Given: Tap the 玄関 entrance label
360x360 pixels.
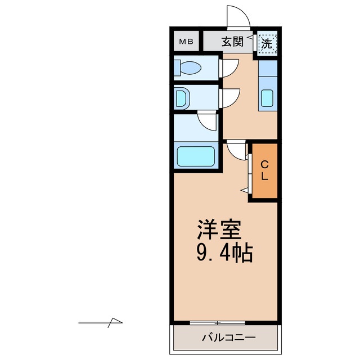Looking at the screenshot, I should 232,42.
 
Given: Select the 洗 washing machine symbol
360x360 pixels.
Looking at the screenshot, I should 267,42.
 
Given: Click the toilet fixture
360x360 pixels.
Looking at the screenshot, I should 189,68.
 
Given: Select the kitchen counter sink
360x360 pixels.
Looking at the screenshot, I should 268,99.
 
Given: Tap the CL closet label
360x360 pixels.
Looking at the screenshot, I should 264,170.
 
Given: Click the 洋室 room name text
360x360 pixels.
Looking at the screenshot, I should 219,229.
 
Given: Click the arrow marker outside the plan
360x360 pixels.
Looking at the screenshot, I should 101,322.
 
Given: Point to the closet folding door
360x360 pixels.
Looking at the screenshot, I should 247,172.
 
